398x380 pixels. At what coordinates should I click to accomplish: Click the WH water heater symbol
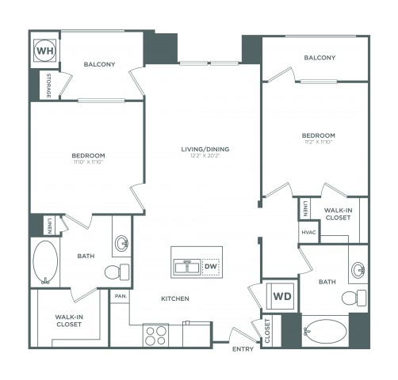pos(44,50)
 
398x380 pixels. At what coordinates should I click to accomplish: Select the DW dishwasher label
pos(210,267)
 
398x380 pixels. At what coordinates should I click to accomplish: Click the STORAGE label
pos(48,85)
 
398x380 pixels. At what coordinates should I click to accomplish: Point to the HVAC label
pos(308,232)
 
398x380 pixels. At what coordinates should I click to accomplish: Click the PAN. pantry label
pos(121,295)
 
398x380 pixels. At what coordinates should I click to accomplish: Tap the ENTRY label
pos(243,348)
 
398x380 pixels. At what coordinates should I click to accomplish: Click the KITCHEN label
pos(175,299)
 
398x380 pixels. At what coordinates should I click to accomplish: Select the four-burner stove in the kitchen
pos(155,334)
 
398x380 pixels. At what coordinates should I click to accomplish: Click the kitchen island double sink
pos(187,267)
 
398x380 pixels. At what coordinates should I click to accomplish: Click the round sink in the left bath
pos(122,242)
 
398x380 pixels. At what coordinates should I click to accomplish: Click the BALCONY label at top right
pos(320,58)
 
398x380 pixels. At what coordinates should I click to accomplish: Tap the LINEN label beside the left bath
pos(49,224)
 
